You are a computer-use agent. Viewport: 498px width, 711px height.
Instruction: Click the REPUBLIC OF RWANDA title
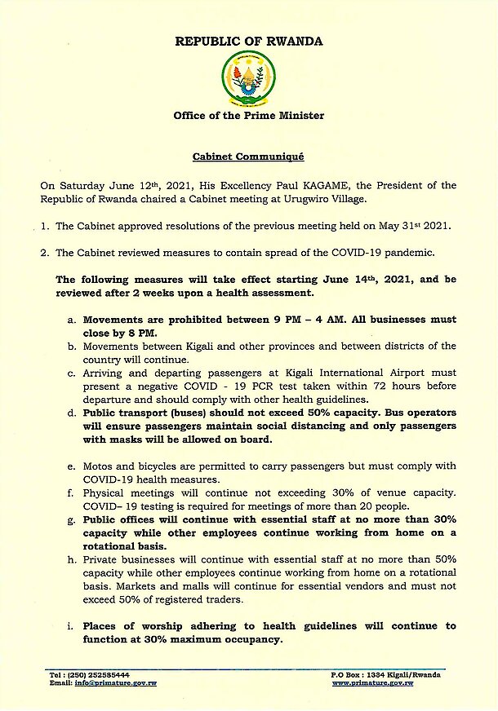click(x=248, y=41)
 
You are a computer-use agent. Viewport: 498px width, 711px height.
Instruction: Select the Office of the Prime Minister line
click(x=248, y=116)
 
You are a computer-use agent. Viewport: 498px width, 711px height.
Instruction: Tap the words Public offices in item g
click(x=119, y=519)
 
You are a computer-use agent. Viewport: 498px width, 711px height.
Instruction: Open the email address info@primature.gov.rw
click(x=116, y=682)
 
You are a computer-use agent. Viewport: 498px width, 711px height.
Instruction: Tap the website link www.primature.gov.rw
click(x=372, y=682)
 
